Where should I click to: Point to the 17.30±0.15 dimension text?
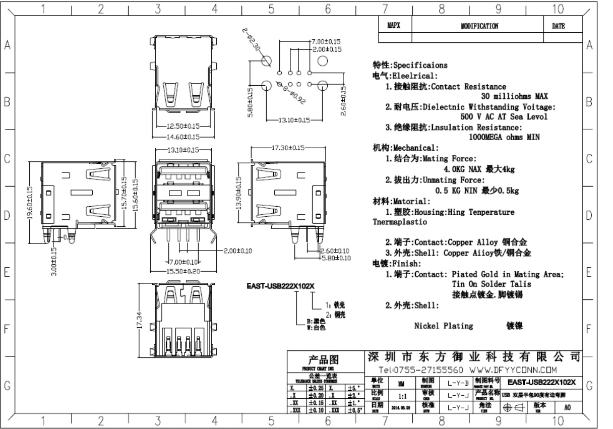[288, 148]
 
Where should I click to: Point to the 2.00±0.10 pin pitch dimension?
[237, 251]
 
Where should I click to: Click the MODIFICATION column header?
[479, 26]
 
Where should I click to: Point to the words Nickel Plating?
[444, 326]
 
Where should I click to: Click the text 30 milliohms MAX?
[514, 96]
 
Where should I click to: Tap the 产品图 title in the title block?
[323, 360]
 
